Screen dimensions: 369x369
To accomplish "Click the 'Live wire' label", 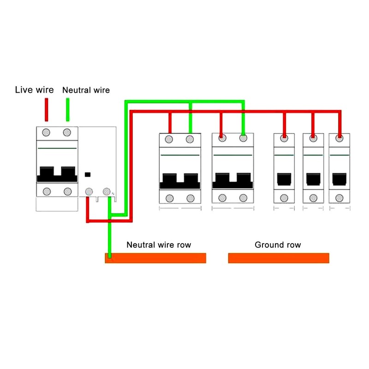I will tap(34, 89).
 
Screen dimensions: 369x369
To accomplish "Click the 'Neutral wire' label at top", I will tap(86, 90).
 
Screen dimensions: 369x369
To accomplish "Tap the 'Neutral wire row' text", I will tap(159, 244).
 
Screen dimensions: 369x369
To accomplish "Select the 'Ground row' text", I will tap(278, 244).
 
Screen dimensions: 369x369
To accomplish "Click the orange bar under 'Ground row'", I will tap(279, 258).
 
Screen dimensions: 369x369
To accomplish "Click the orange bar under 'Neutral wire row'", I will tap(155, 258).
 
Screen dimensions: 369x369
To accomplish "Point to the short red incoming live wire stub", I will tap(46, 109).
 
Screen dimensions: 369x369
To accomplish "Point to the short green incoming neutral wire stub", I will tap(67, 109).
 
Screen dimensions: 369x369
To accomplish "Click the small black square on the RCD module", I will tap(88, 175).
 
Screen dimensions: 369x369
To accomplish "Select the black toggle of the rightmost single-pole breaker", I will tap(339, 179).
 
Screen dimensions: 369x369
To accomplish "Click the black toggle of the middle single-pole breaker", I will tap(313, 179).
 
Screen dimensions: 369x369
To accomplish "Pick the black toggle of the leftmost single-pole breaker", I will tap(285, 179).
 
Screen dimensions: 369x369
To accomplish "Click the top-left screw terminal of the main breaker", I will tap(46, 133).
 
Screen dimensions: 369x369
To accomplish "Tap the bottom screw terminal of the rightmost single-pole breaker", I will tap(339, 198).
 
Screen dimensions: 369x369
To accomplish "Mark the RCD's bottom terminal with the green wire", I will tap(107, 191).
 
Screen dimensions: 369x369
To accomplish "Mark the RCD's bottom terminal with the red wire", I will tap(89, 191).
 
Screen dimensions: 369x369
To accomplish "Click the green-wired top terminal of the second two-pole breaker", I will tap(243, 138).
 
